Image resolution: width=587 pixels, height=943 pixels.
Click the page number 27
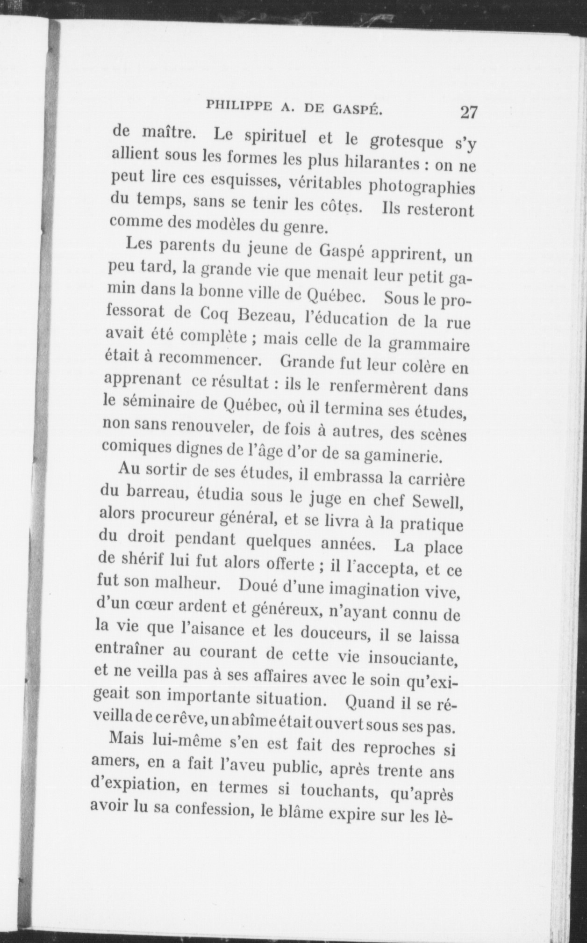click(x=468, y=113)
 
